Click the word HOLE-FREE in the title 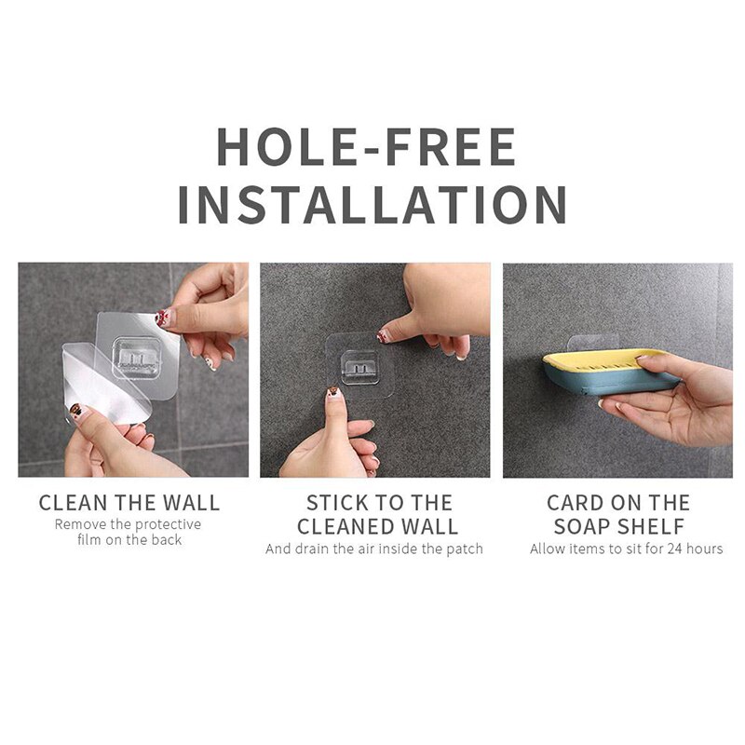click(x=366, y=147)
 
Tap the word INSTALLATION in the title click(x=372, y=206)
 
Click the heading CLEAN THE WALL click(x=129, y=504)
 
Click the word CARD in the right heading click(x=576, y=504)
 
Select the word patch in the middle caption click(x=464, y=549)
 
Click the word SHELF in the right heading click(x=652, y=526)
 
